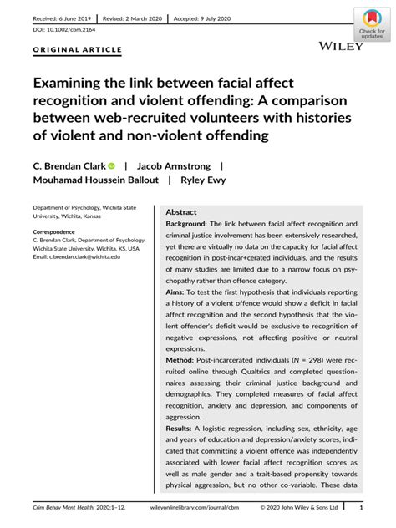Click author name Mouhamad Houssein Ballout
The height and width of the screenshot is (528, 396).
(x=93, y=180)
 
